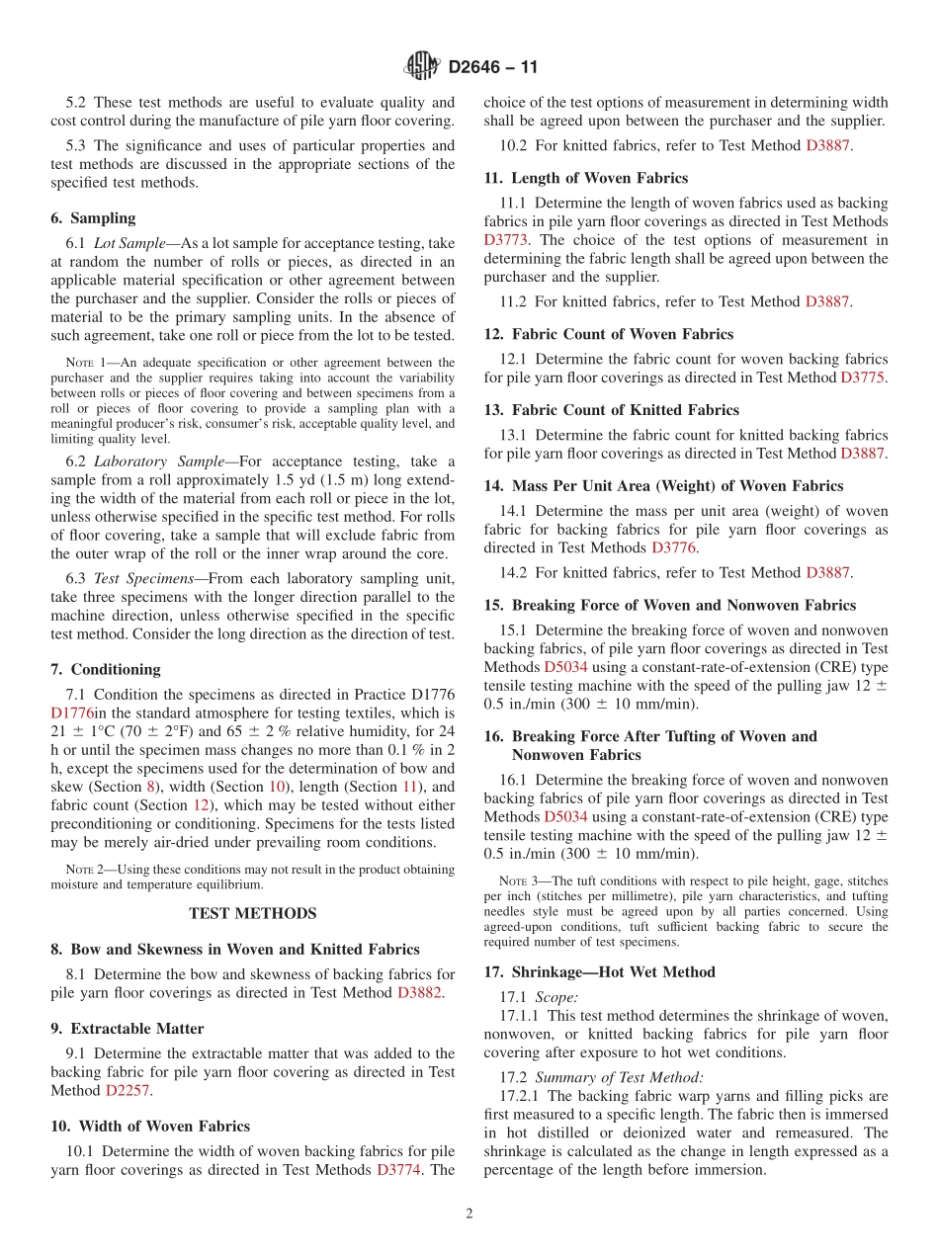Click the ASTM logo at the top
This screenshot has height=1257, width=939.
421,67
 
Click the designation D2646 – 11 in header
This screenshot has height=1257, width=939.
492,68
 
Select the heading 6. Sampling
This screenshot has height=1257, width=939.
93,217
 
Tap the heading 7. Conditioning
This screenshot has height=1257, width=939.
105,669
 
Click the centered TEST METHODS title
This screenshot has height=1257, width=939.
252,913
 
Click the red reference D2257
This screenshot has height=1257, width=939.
128,1090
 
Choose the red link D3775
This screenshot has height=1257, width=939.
863,377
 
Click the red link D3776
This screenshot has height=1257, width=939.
674,547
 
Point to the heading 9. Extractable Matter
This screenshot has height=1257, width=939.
127,1028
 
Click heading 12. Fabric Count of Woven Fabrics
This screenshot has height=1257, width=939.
608,334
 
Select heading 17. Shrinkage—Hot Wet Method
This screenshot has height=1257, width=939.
599,971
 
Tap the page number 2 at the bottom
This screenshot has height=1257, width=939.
469,1214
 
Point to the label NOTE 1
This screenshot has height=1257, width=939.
79,364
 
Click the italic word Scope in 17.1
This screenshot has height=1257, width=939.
555,997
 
